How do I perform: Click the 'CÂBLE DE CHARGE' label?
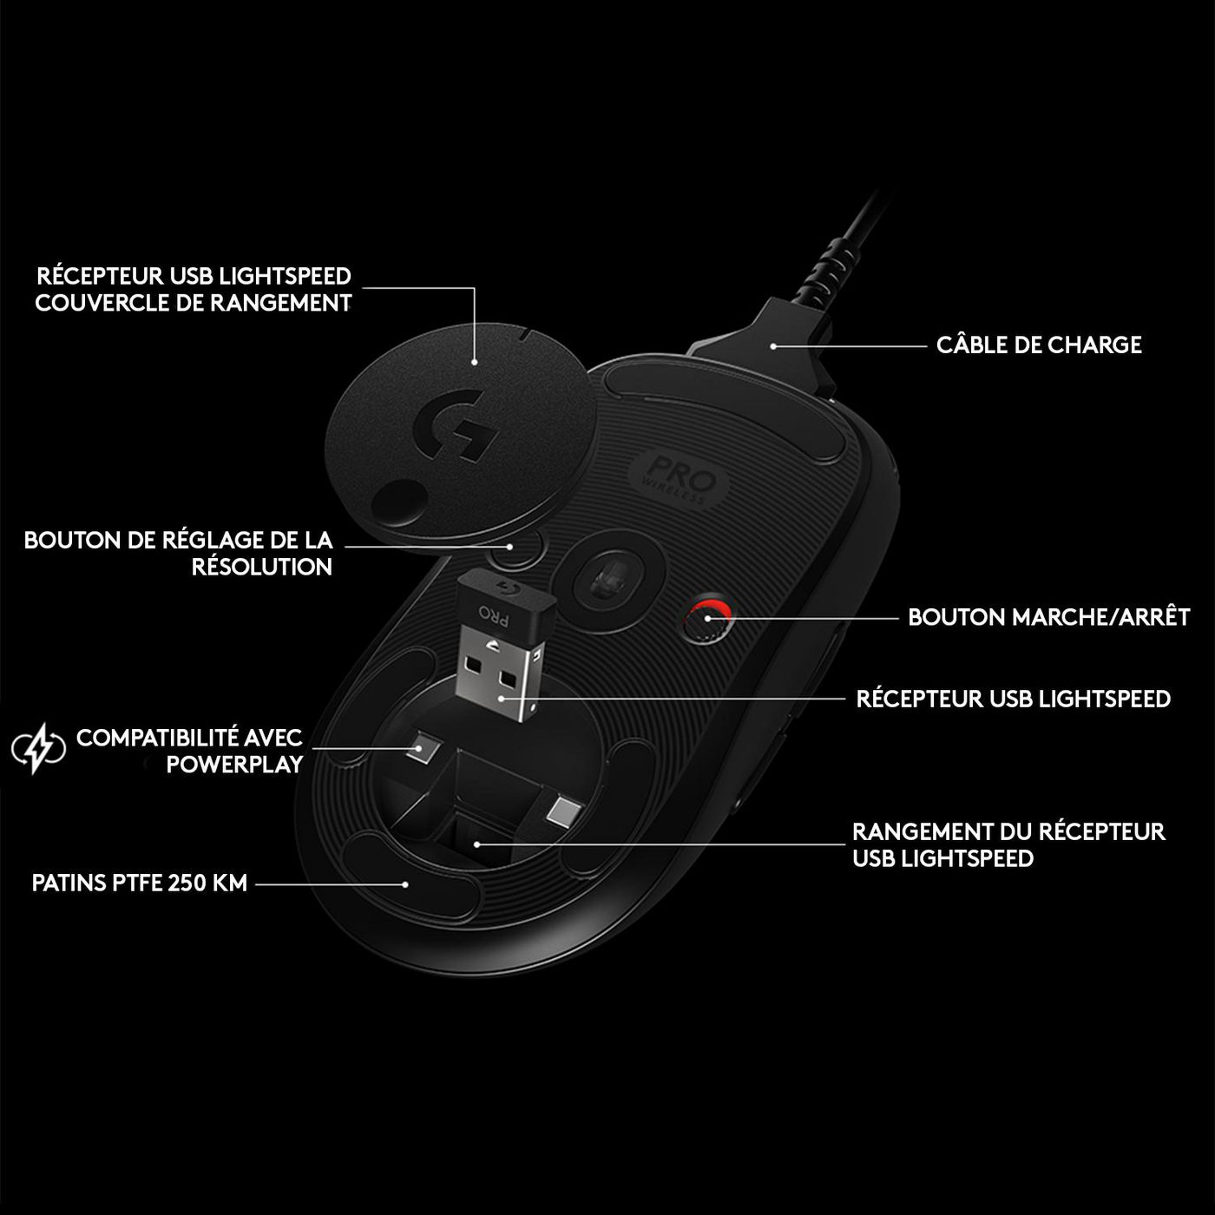click(x=1039, y=345)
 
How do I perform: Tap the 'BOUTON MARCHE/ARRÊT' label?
click(x=1048, y=617)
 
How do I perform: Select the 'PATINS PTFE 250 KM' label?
click(x=140, y=883)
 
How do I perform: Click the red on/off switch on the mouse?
click(x=704, y=619)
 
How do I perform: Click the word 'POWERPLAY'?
click(x=235, y=765)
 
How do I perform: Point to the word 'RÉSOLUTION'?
click(x=262, y=568)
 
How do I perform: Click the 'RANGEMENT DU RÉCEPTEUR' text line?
click(x=1008, y=831)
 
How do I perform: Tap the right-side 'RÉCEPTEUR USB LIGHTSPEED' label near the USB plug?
click(x=1013, y=699)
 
